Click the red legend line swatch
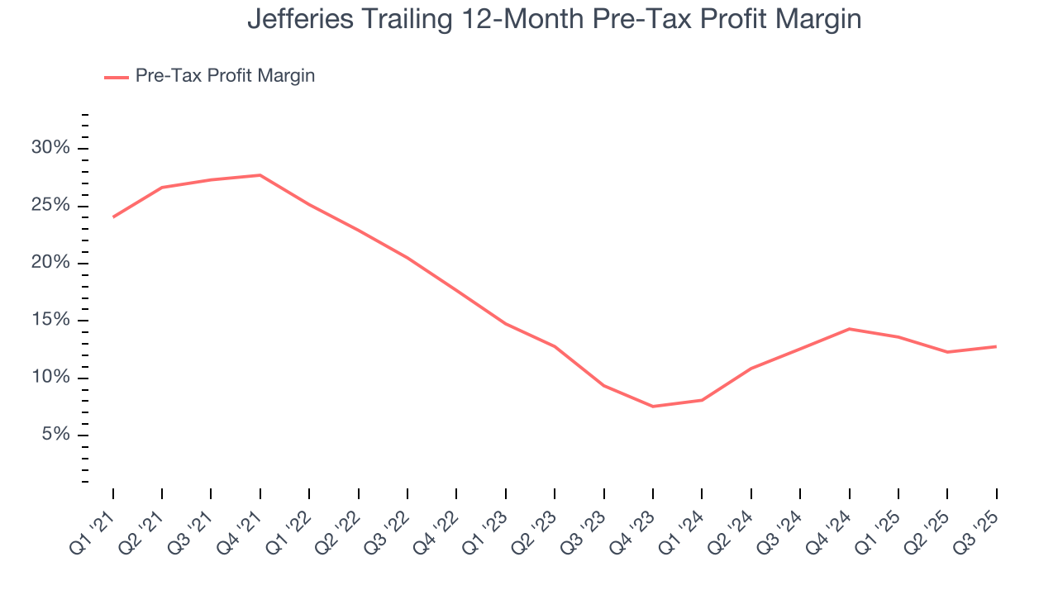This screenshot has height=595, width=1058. tap(116, 77)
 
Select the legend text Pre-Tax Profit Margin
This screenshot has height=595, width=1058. tap(225, 76)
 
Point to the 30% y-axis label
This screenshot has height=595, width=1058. tap(51, 148)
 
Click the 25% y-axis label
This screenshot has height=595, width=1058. tap(51, 206)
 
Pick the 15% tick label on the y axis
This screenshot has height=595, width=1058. tap(51, 321)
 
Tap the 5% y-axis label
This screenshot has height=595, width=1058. tap(56, 436)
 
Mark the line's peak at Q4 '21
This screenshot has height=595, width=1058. tap(260, 175)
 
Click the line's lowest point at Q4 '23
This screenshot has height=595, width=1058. tap(653, 407)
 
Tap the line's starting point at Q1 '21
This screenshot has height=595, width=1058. tap(113, 217)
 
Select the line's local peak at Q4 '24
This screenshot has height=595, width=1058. tap(849, 329)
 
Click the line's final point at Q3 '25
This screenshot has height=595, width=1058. tap(996, 346)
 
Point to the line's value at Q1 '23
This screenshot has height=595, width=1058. tap(506, 324)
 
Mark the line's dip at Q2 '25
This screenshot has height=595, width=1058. tap(947, 352)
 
